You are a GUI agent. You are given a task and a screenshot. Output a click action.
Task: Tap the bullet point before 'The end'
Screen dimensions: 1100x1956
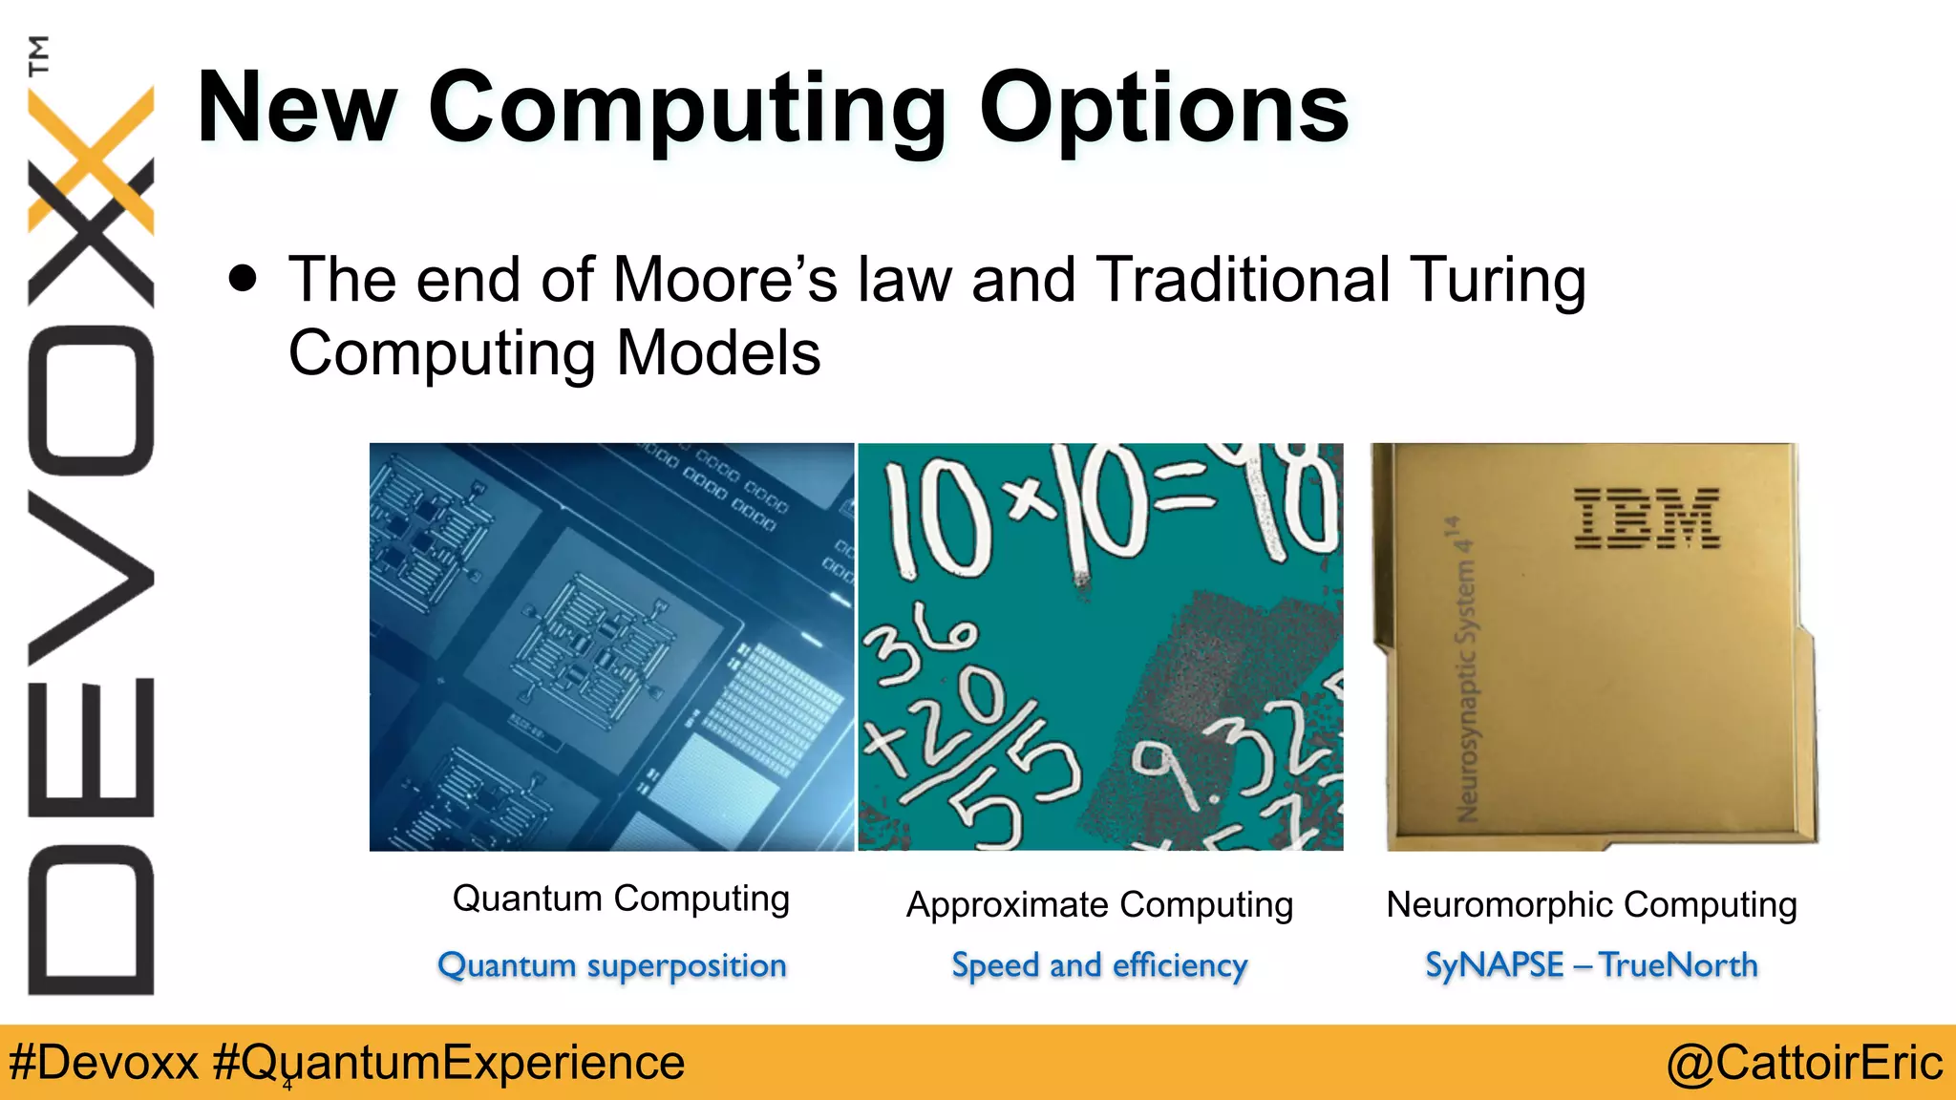[x=244, y=279]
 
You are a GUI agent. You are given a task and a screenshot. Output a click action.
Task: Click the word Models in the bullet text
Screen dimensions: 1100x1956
[x=718, y=353]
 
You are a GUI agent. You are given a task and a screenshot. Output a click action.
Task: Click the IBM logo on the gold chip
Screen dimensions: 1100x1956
[x=1647, y=518]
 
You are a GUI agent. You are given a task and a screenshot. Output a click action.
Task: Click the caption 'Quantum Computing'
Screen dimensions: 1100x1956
[x=621, y=899]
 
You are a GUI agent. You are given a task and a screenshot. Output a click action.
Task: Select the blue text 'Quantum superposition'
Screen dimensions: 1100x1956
[x=612, y=965]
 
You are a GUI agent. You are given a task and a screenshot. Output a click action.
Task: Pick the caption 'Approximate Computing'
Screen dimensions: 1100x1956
[x=1099, y=904]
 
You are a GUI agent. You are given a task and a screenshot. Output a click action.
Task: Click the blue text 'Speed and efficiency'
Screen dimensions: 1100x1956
[x=1099, y=965]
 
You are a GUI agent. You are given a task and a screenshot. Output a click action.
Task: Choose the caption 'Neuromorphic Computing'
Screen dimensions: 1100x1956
[x=1591, y=904]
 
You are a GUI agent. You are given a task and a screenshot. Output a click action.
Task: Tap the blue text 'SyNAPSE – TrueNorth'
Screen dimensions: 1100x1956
[x=1591, y=964]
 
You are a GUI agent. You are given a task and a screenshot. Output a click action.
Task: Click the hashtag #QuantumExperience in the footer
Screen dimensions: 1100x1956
[x=449, y=1063]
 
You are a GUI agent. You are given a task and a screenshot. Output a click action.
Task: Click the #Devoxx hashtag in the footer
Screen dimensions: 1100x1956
[x=103, y=1063]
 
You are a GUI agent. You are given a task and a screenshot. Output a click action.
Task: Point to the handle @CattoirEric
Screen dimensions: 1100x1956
[x=1804, y=1063]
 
